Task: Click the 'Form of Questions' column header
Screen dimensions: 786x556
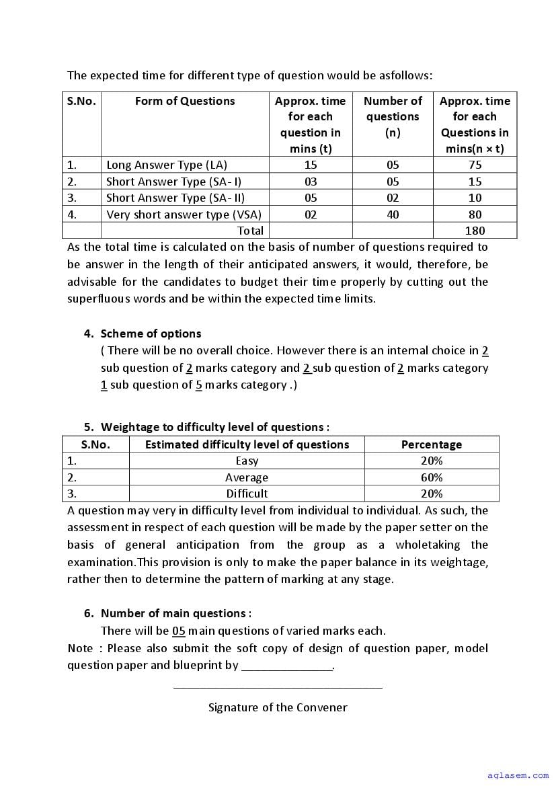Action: (185, 101)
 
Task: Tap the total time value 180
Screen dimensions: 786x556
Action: (475, 231)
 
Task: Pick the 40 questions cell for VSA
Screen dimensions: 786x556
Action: (393, 214)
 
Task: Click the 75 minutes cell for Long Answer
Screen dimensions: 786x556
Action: (475, 165)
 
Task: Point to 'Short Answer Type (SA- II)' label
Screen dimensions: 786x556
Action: (175, 198)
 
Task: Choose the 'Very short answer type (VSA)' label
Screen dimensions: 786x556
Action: (184, 214)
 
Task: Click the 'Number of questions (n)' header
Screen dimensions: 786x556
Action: (393, 116)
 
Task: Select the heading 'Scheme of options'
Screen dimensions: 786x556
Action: (151, 333)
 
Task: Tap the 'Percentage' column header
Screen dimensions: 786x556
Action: (432, 444)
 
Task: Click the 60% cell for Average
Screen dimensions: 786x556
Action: (432, 477)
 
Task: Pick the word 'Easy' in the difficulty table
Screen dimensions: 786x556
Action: (247, 461)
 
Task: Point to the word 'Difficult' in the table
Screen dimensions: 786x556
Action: (247, 494)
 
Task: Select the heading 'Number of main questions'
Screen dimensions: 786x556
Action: (175, 613)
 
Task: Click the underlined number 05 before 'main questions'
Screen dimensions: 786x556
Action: (178, 631)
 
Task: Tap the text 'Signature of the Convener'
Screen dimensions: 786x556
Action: (278, 707)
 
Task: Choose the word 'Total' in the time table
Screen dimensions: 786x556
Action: (250, 231)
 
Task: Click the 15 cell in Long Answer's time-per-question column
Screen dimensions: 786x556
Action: (311, 165)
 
